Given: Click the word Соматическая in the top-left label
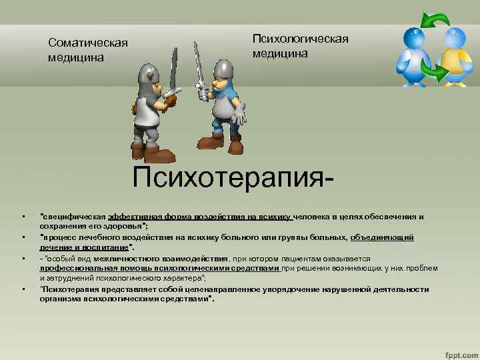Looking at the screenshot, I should (87, 43).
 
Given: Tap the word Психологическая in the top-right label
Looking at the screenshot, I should (300, 39).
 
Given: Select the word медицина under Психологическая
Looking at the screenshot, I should (280, 53).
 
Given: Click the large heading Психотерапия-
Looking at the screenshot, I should (233, 179).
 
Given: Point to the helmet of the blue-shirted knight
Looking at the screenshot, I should (223, 69).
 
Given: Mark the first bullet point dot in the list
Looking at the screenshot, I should (23, 217).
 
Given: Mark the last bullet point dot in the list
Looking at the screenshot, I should (23, 289).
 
